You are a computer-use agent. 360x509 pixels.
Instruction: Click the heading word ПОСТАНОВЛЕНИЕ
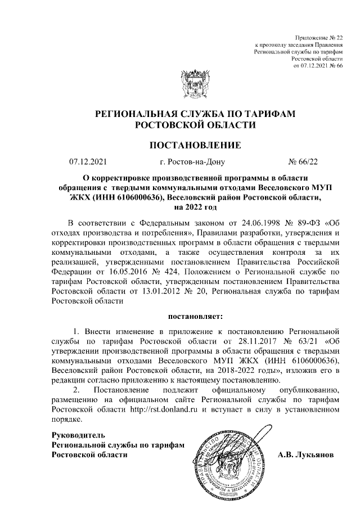coord(195,146)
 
